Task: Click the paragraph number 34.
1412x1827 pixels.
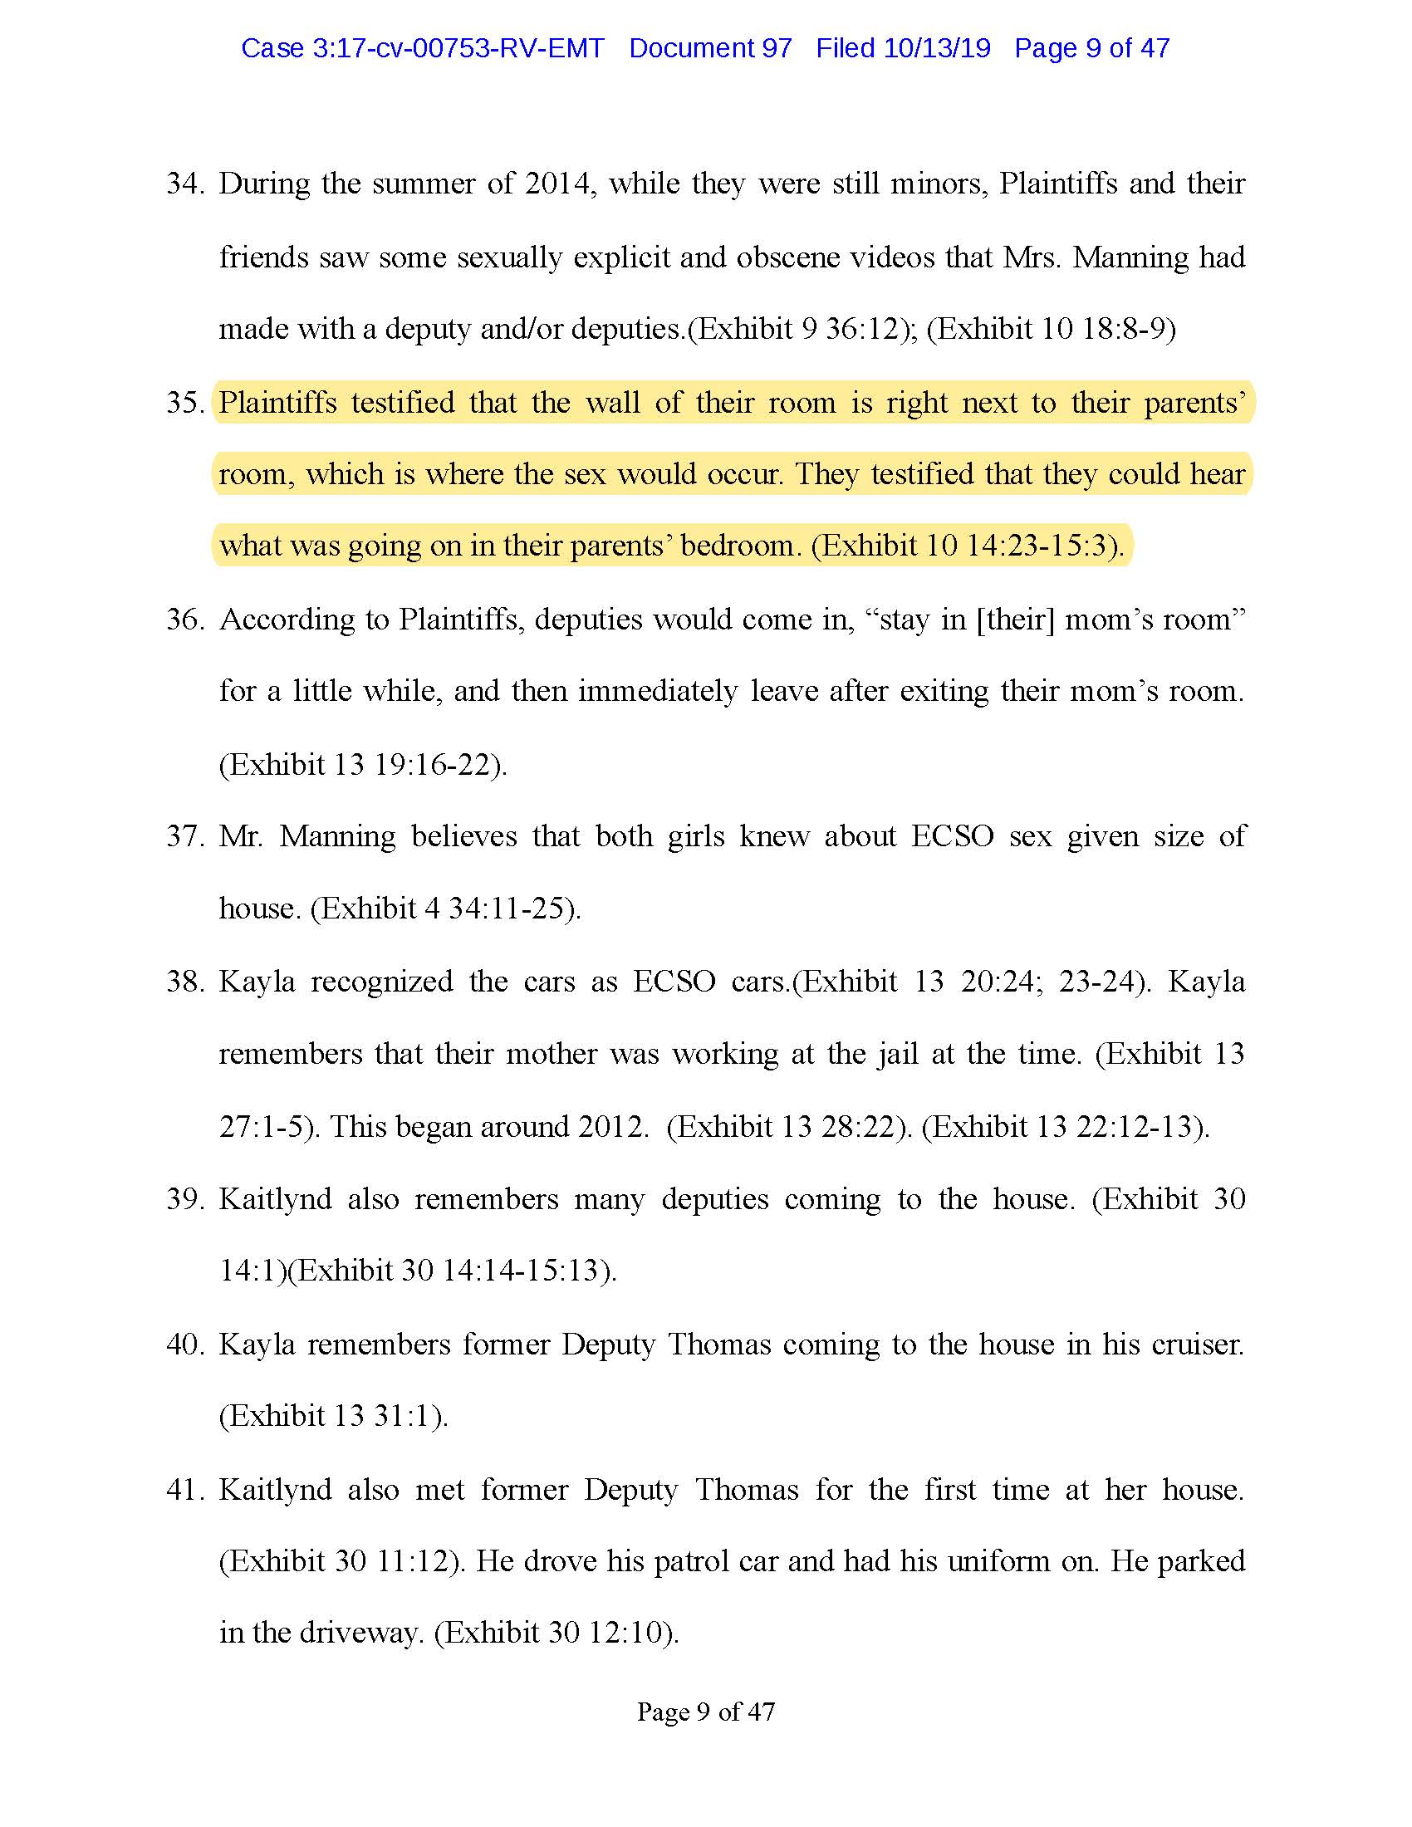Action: [x=184, y=184]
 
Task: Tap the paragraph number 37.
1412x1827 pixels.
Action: [x=184, y=836]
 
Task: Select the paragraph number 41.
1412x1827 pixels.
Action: [x=184, y=1490]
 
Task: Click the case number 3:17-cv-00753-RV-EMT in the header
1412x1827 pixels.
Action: [x=423, y=48]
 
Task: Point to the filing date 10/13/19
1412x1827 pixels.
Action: [x=937, y=48]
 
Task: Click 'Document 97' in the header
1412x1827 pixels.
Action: [x=710, y=48]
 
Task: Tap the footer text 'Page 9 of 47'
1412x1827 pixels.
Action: [x=706, y=1712]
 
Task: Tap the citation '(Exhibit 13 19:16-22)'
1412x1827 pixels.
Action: [x=363, y=765]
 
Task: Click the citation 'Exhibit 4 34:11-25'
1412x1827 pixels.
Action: [x=445, y=909]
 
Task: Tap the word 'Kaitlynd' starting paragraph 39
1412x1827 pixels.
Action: [x=275, y=1200]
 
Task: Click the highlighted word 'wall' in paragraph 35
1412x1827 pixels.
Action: [x=613, y=404]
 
